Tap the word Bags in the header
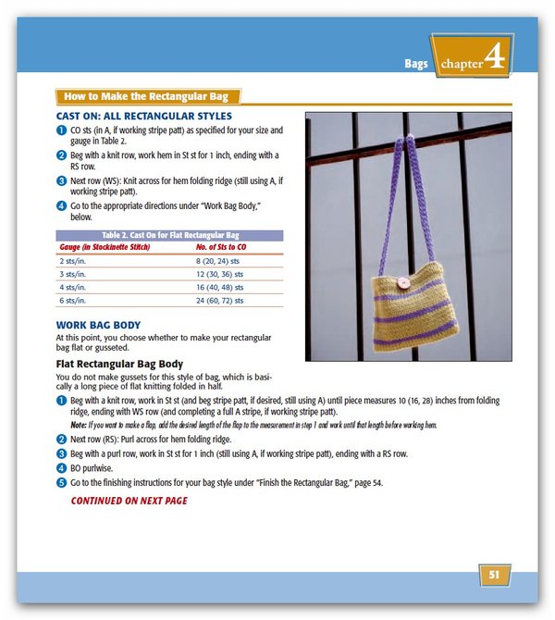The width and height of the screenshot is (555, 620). pos(416,64)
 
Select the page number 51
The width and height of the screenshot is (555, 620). pos(494,575)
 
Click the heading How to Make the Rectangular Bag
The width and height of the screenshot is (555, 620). pos(148,96)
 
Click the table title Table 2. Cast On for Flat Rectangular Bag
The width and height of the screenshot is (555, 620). pos(172,235)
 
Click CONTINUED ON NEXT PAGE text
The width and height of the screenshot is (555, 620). pos(129,501)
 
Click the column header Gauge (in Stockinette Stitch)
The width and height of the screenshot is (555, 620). pos(104,248)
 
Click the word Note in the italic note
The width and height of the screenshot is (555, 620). pos(79,425)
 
